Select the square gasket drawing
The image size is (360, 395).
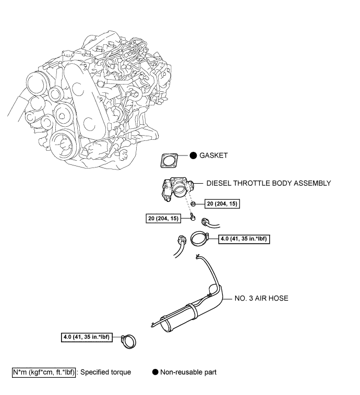pos(169,161)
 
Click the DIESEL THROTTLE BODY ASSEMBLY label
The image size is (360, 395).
pos(269,183)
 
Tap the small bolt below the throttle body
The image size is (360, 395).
pos(193,218)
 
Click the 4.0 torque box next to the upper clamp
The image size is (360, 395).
pos(245,240)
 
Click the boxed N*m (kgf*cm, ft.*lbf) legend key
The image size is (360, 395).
pos(44,373)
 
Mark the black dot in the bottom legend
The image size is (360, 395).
pos(155,373)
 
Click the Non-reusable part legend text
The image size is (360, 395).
pos(188,373)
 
